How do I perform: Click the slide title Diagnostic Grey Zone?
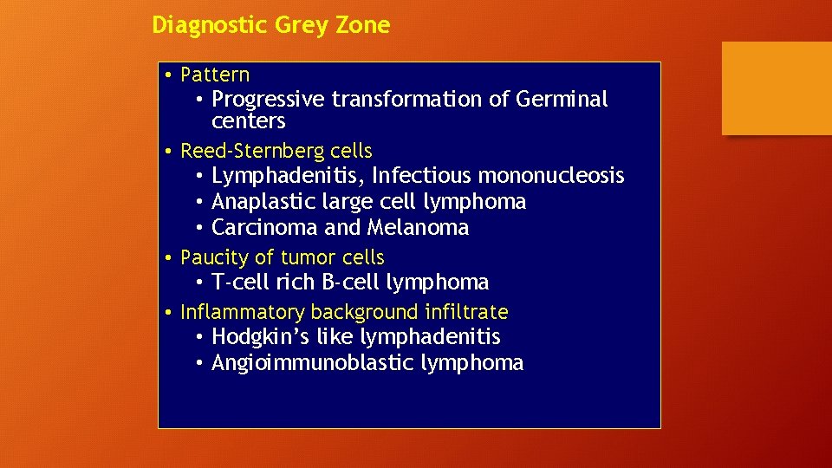[x=270, y=25]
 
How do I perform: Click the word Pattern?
[x=215, y=75]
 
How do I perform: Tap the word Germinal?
[x=562, y=100]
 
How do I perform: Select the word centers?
[x=248, y=121]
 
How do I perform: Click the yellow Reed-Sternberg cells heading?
[x=276, y=151]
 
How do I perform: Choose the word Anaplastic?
[x=269, y=202]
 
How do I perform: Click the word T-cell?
[x=239, y=283]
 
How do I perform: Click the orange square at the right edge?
[x=777, y=88]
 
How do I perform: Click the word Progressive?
[x=268, y=100]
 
